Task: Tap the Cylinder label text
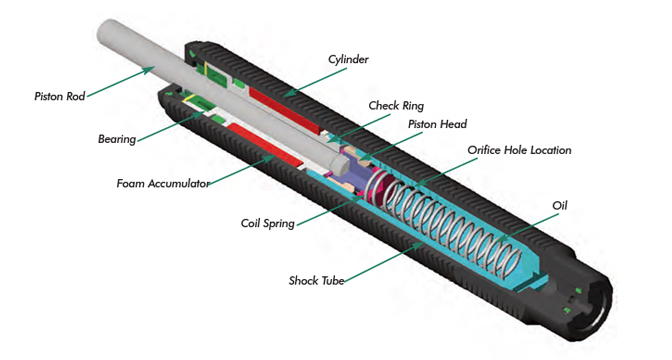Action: point(350,59)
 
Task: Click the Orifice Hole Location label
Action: point(520,150)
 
